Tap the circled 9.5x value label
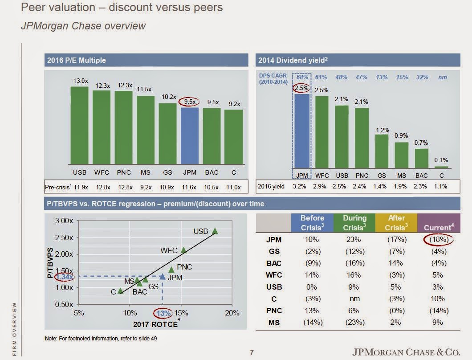tap(190, 102)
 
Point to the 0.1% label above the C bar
tap(441, 160)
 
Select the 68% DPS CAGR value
tap(302, 77)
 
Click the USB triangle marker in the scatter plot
tap(215, 231)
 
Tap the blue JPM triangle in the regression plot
tap(163, 277)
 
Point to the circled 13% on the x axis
tap(164, 313)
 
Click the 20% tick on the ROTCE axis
tap(232, 313)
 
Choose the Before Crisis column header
tap(312, 222)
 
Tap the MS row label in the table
tap(274, 322)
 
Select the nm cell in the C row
tap(354, 299)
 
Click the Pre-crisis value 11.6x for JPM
tap(190, 187)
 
